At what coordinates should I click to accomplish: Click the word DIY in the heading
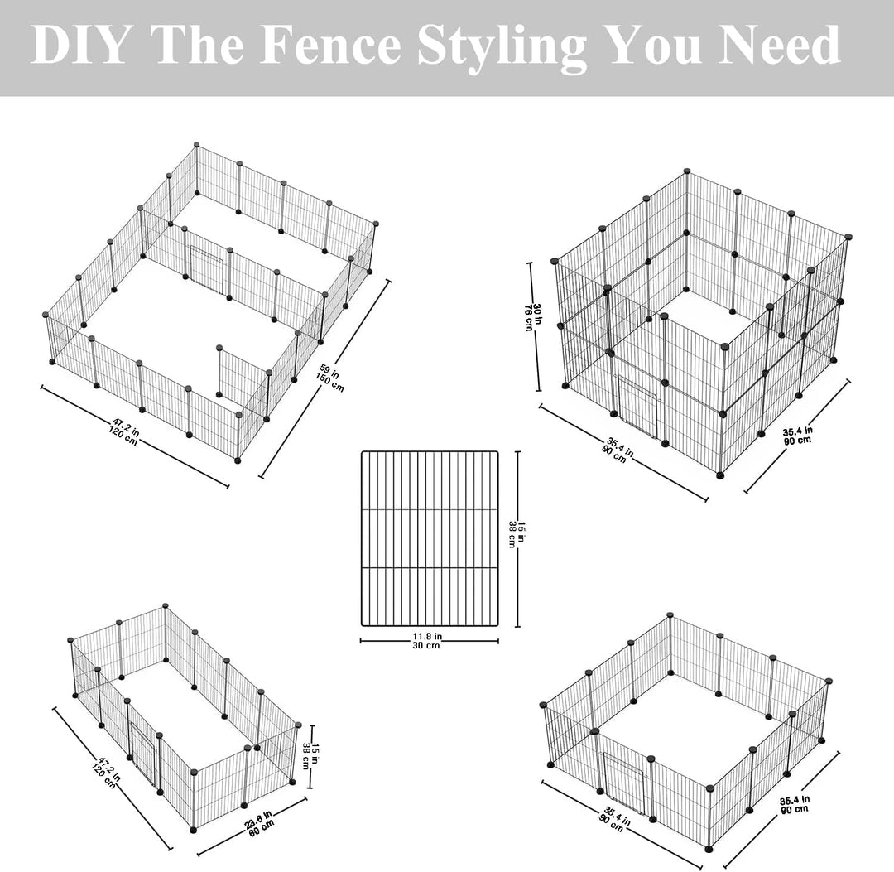78,45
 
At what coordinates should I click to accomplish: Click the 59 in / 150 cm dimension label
330,378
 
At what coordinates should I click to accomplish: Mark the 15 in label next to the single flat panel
516,536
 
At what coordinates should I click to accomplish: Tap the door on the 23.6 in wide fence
142,752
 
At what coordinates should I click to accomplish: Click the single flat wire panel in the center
430,538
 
